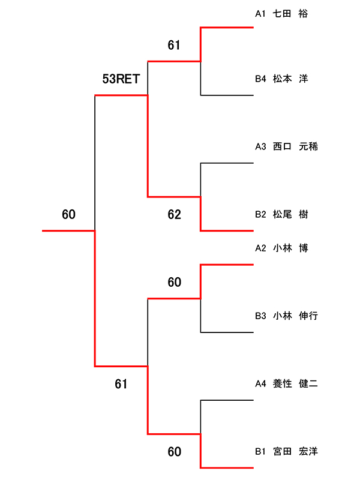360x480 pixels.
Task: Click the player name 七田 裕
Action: click(x=290, y=13)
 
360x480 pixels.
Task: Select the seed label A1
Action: click(x=260, y=13)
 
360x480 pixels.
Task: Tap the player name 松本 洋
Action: click(x=290, y=79)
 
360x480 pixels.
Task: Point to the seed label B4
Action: click(x=260, y=79)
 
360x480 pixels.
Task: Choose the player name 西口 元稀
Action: click(x=295, y=146)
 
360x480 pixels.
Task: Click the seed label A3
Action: click(x=260, y=146)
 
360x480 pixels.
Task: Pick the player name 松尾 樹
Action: click(x=290, y=214)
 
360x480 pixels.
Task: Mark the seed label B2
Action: click(x=260, y=214)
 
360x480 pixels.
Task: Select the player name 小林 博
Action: click(x=290, y=248)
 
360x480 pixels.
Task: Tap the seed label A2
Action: click(x=260, y=248)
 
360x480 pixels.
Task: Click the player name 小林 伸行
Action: click(x=295, y=316)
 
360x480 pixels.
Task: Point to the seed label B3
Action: click(x=260, y=316)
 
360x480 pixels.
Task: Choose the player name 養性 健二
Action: click(x=295, y=383)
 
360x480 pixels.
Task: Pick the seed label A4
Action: click(x=260, y=383)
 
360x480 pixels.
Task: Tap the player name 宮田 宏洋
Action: click(x=295, y=451)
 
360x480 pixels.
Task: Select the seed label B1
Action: click(x=260, y=451)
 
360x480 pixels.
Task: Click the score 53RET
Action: click(x=121, y=79)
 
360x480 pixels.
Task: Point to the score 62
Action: click(x=174, y=214)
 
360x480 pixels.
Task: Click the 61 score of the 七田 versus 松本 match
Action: click(x=174, y=45)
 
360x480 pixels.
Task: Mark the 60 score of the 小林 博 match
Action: click(x=174, y=282)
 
